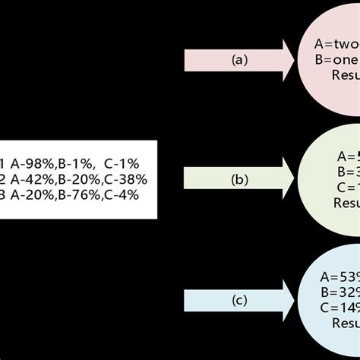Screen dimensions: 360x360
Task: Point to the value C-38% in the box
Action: [x=126, y=179]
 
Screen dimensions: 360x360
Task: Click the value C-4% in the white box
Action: [x=123, y=194]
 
